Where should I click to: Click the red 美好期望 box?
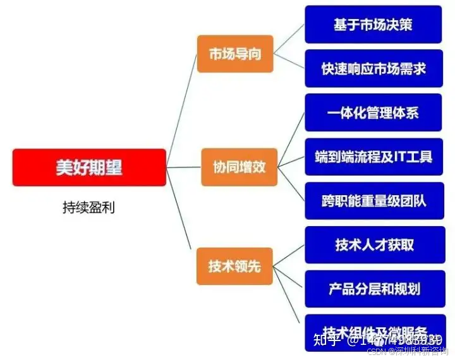pos(89,167)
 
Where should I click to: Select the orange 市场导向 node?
pos(235,54)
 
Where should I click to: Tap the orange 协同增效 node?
pos(239,167)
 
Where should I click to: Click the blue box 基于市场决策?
pos(373,25)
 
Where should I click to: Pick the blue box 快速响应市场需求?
pos(373,68)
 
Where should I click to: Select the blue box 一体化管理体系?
pos(373,113)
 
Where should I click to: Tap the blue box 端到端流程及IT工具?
pos(373,157)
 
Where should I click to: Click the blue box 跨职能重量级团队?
pos(373,201)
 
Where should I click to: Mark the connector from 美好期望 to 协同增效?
pos(183,167)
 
